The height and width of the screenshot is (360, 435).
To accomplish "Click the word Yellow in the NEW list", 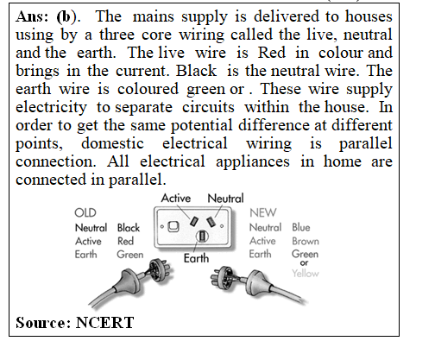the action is click(x=306, y=273).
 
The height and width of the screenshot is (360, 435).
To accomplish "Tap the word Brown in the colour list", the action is click(x=306, y=241).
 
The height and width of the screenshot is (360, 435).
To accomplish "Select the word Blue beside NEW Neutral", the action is click(x=301, y=227).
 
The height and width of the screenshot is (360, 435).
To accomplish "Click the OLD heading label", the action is click(x=85, y=213).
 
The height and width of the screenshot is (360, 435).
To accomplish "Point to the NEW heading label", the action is click(x=263, y=213).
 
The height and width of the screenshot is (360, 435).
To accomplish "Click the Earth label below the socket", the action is click(x=196, y=258).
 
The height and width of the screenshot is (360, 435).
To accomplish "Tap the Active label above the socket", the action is click(x=176, y=198).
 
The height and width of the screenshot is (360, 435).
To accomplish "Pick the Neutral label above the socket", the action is click(x=225, y=199).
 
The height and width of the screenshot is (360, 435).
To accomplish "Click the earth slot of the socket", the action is click(x=202, y=237).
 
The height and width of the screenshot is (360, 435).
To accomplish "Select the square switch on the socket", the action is click(x=173, y=227).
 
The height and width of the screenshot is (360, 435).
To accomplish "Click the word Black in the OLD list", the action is click(x=129, y=228).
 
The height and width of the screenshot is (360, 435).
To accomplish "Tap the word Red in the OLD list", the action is click(x=125, y=241).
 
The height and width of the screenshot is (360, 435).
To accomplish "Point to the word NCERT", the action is click(x=104, y=323).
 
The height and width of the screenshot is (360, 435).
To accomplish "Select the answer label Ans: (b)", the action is click(x=47, y=16).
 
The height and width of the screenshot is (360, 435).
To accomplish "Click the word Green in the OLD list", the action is click(x=130, y=255).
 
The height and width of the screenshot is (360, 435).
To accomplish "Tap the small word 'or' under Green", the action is click(x=304, y=262).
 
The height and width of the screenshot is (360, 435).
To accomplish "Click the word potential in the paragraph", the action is click(x=201, y=125).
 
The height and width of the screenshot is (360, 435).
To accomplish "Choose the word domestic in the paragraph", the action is click(x=112, y=143).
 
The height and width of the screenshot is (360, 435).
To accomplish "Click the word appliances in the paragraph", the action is click(x=253, y=161).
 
